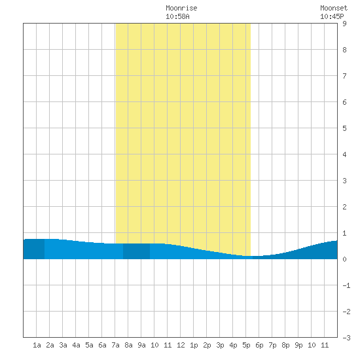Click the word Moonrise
pyautogui.click(x=181, y=8)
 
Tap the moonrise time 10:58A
pyautogui.click(x=177, y=16)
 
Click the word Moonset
pyautogui.click(x=334, y=8)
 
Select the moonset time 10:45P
pyautogui.click(x=332, y=16)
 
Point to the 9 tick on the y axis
pyautogui.click(x=344, y=24)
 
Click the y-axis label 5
pyautogui.click(x=344, y=128)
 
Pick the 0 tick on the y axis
pyautogui.click(x=344, y=259)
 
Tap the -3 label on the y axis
pyautogui.click(x=346, y=338)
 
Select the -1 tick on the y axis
pyautogui.click(x=346, y=285)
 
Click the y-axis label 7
pyautogui.click(x=344, y=76)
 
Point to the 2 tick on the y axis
pyautogui.click(x=344, y=207)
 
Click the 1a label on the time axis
pyautogui.click(x=37, y=345)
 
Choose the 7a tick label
pyautogui.click(x=115, y=345)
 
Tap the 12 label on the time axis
pyautogui.click(x=181, y=345)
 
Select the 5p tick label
pyautogui.click(x=246, y=345)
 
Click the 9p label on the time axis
pyautogui.click(x=298, y=345)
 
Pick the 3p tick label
pyautogui.click(x=220, y=345)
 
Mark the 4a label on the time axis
pyautogui.click(x=76, y=345)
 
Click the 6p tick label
pyautogui.click(x=259, y=345)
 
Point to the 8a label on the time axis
pyautogui.click(x=128, y=345)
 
